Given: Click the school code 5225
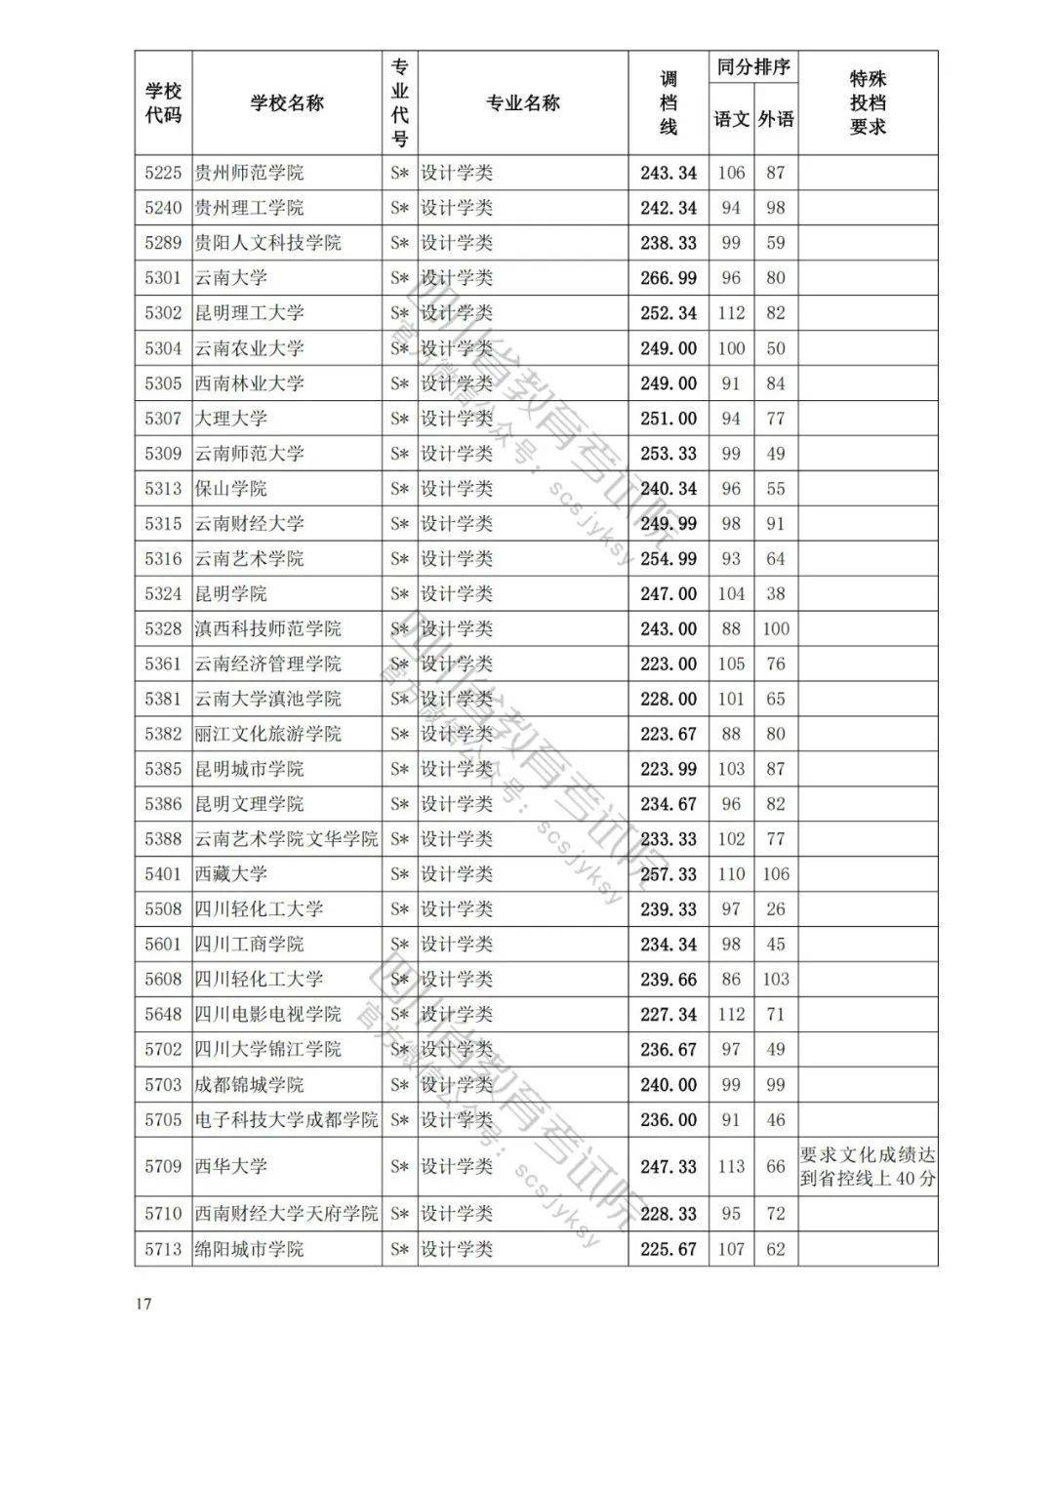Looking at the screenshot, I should [x=163, y=173].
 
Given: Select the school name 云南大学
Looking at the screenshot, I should [x=230, y=278].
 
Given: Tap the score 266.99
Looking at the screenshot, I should [x=669, y=278].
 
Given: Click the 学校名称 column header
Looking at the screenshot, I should [x=287, y=103].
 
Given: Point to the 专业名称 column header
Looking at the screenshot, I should [x=523, y=103].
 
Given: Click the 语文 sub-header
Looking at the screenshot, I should [x=731, y=120].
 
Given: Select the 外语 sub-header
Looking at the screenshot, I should [x=776, y=120].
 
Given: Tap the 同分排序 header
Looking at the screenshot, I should [x=753, y=68].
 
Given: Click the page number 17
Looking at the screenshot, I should [x=143, y=1306].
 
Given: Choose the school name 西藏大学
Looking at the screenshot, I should [x=230, y=874].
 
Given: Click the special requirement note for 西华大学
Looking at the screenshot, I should [x=868, y=1167].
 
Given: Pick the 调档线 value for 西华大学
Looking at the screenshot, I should [x=669, y=1167].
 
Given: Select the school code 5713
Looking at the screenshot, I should [x=163, y=1249].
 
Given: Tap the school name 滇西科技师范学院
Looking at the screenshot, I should [x=268, y=629].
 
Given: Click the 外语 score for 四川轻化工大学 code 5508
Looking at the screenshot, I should [x=776, y=909].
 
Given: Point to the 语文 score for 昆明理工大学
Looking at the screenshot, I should [x=731, y=313].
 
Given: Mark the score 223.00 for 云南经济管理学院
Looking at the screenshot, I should [x=669, y=664].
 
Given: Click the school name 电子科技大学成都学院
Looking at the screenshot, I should [x=286, y=1120].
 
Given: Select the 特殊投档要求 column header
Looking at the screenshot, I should [x=868, y=103].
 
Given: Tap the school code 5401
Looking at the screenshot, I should [x=163, y=874].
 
